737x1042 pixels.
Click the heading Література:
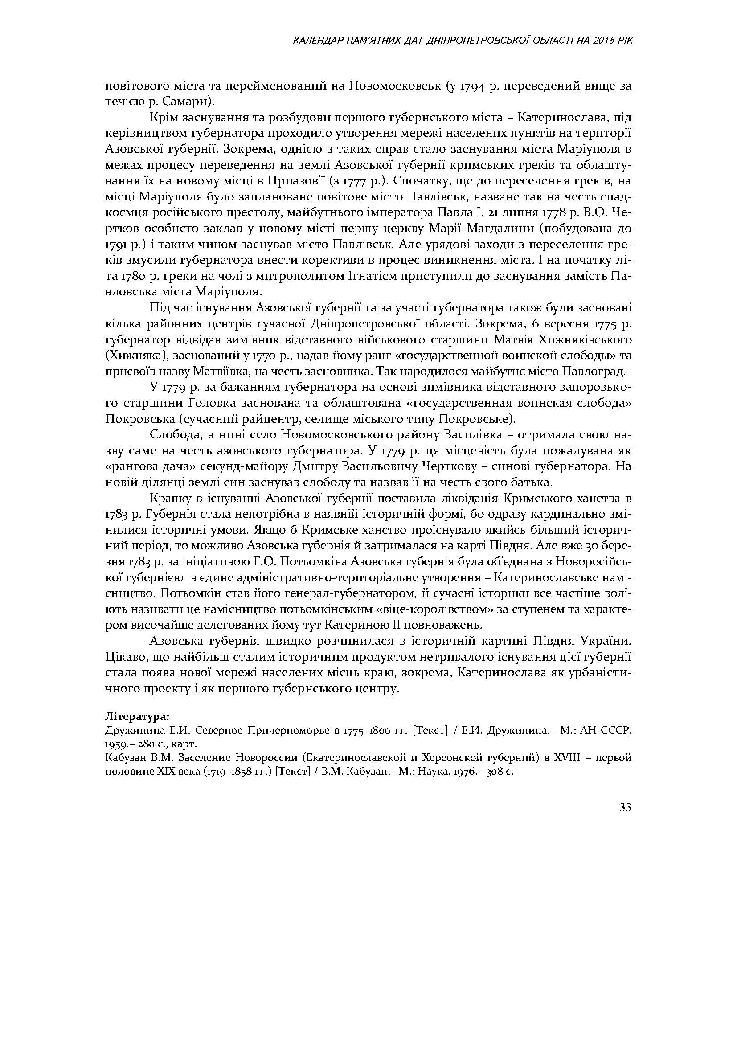(137, 717)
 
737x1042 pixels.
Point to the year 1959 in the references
(115, 745)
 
